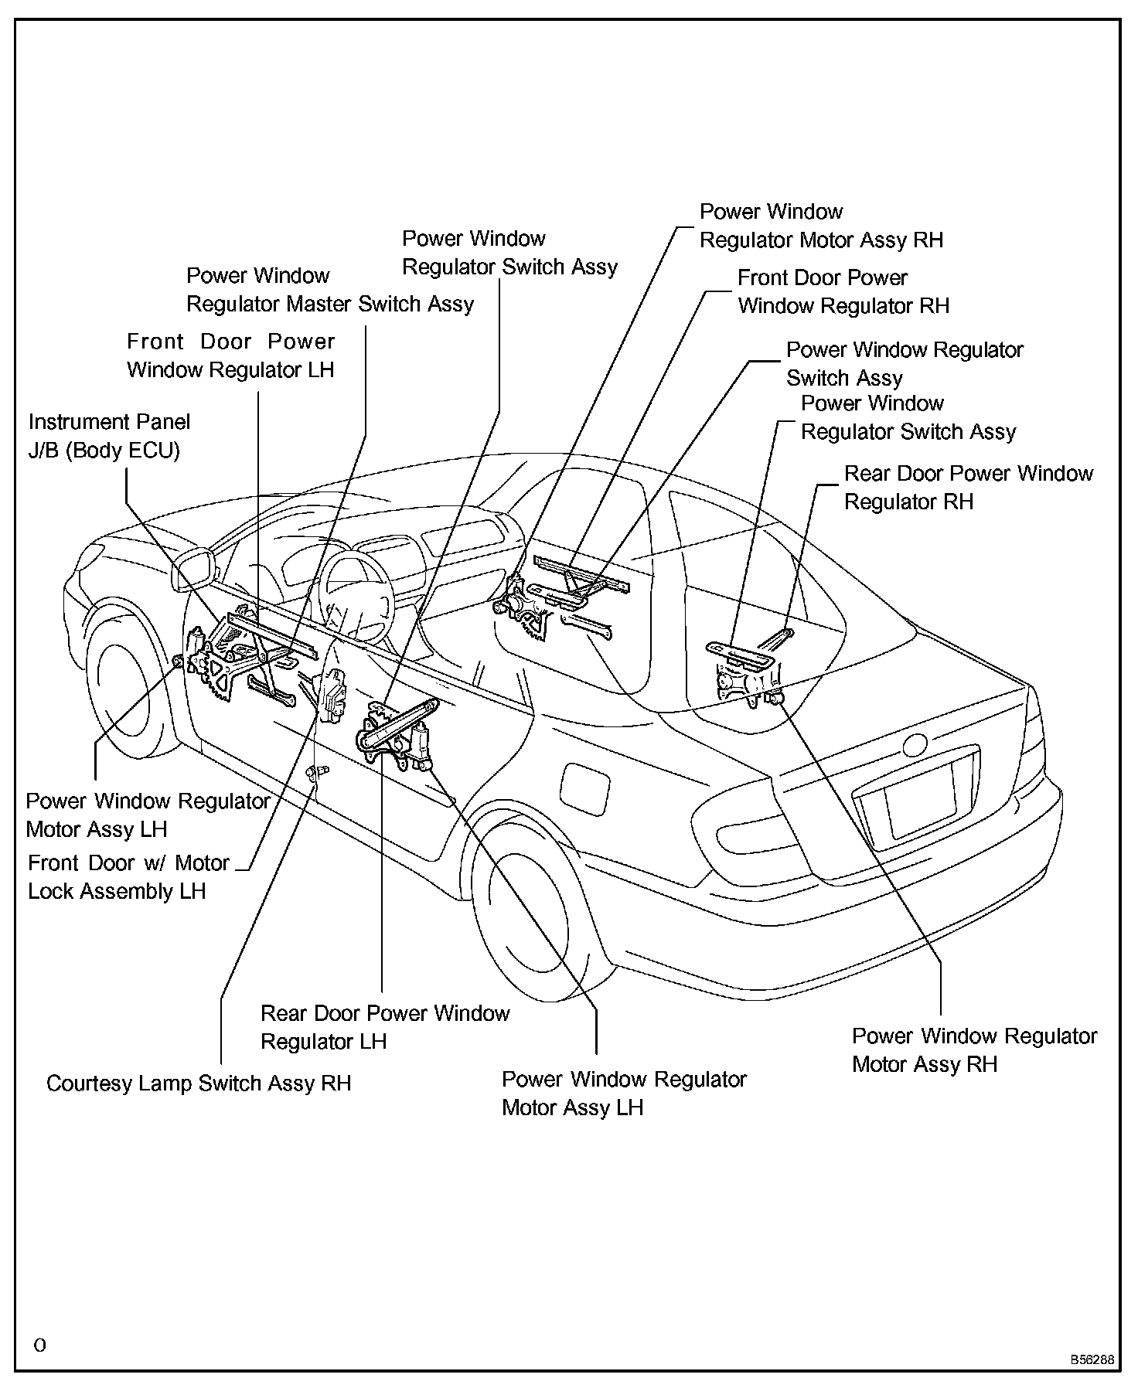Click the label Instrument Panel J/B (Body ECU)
109,436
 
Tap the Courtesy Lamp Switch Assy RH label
199,1083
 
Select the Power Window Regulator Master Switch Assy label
330,290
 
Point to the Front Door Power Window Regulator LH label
230,356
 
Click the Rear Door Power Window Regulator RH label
968,488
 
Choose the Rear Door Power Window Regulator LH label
385,1027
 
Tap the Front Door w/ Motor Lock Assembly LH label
128,877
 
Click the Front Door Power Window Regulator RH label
843,292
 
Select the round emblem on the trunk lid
915,744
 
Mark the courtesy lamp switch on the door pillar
318,772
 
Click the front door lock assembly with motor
332,696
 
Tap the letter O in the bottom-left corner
40,1345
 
